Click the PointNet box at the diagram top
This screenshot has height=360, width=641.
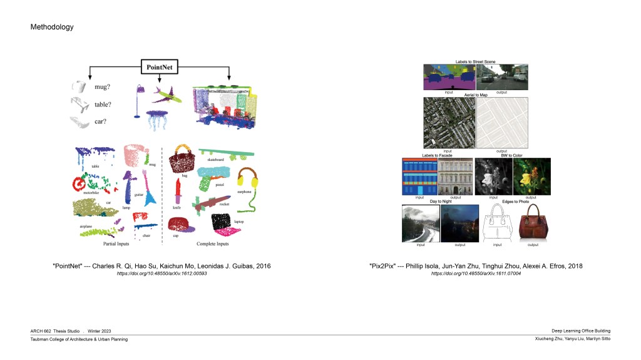point(160,64)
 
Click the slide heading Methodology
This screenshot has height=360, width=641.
point(52,27)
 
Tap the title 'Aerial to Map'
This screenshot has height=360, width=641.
point(475,95)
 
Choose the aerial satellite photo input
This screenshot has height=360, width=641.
point(448,122)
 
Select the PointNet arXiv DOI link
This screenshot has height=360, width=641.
point(162,274)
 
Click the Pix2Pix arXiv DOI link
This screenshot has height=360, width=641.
point(476,274)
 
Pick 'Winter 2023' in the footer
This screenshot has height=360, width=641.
point(99,331)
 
